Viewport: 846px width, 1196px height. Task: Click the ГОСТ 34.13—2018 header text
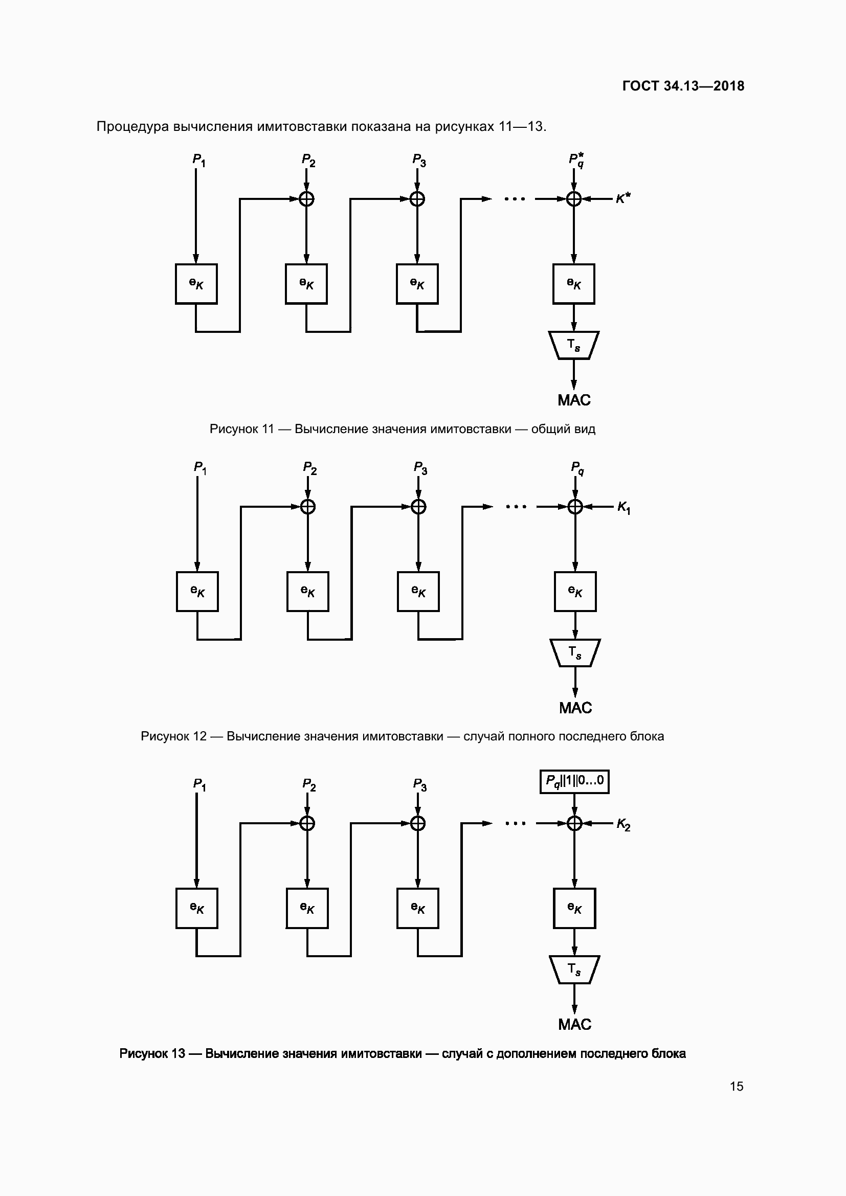coord(683,86)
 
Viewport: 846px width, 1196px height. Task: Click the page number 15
coord(736,1086)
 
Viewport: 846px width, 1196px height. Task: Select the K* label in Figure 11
coord(623,198)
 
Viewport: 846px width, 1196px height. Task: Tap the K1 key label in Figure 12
coord(624,507)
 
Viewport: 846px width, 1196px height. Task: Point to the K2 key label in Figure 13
coord(623,824)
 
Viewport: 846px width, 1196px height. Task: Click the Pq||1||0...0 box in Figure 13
coord(574,781)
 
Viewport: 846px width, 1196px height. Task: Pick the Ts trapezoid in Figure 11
coord(573,345)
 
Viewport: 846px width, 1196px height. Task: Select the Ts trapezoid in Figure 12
coord(574,652)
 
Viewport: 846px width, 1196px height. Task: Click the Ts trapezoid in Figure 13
coord(574,969)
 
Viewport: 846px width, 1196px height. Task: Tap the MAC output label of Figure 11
coord(573,400)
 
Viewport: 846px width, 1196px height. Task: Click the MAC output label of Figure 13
coord(574,1025)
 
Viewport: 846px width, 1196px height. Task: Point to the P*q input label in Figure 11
coord(575,160)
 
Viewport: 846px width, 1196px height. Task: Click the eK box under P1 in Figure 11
coord(196,284)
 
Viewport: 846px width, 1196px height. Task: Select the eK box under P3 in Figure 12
coord(418,591)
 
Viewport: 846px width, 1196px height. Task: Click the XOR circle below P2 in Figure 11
coord(306,198)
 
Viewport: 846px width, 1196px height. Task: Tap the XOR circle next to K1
coord(574,506)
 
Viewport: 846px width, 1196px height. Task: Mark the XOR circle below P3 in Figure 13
coord(418,823)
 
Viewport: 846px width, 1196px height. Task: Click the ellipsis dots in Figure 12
coord(516,506)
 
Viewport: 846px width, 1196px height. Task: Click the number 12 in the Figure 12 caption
coord(199,736)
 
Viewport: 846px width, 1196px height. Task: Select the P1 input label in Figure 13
coord(199,785)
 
